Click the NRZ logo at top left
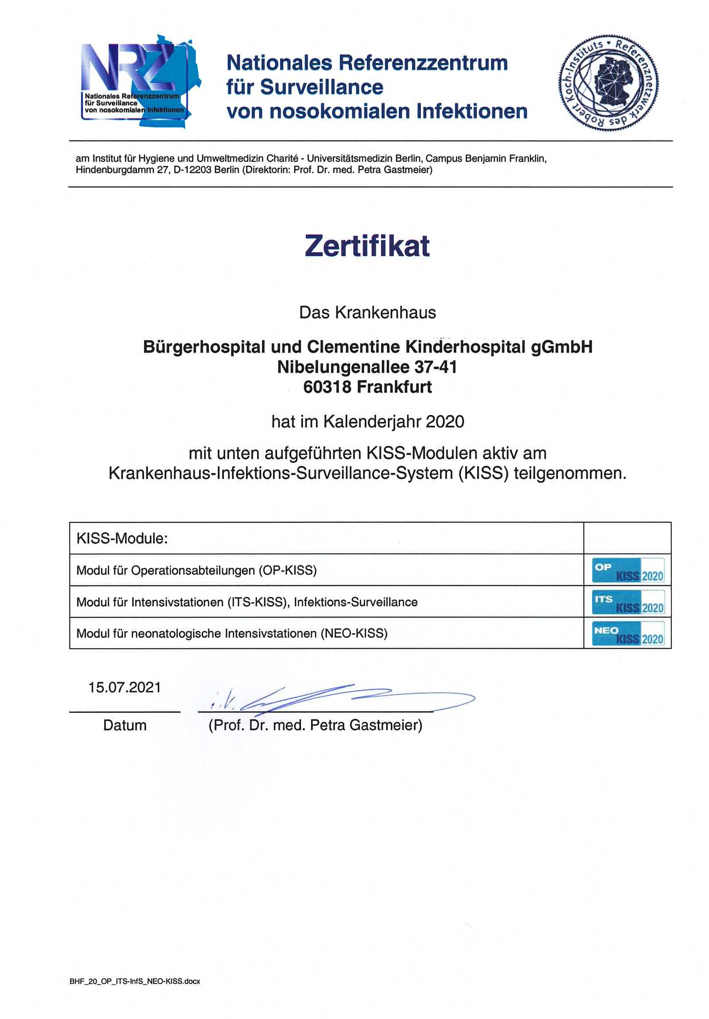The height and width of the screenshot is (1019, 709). pyautogui.click(x=140, y=82)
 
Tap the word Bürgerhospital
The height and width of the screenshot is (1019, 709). pyautogui.click(x=205, y=347)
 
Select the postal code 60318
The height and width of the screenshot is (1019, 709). pyautogui.click(x=327, y=387)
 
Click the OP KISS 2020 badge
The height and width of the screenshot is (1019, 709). pyautogui.click(x=628, y=570)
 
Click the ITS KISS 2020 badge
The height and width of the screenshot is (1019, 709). pyautogui.click(x=628, y=601)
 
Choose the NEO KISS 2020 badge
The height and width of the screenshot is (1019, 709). pyautogui.click(x=628, y=633)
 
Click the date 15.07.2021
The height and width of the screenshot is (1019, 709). pyautogui.click(x=125, y=688)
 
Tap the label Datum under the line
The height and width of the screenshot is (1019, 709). pyautogui.click(x=125, y=725)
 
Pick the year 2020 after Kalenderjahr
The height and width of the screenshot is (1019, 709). pyautogui.click(x=445, y=421)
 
